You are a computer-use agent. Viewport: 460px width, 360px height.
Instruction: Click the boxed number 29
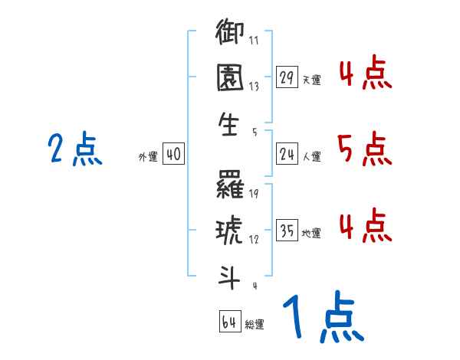click(287, 77)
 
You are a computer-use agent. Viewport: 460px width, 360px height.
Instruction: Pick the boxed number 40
click(172, 155)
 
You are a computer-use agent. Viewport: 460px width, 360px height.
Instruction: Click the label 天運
click(311, 80)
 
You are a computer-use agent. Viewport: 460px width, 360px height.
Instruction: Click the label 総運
click(255, 324)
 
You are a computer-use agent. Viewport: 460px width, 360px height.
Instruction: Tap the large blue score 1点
click(322, 318)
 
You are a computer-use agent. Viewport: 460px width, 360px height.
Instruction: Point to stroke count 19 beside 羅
click(253, 194)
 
